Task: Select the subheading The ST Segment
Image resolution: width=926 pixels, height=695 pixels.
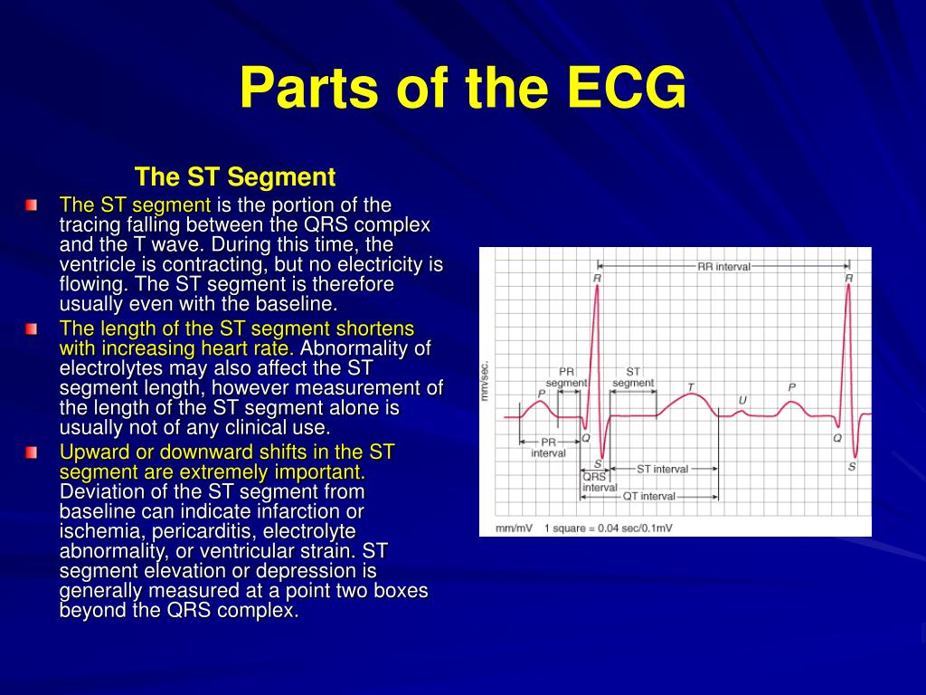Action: [235, 176]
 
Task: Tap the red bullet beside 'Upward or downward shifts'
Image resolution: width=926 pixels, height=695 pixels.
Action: [32, 452]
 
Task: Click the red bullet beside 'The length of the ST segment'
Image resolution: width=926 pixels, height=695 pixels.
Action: [32, 328]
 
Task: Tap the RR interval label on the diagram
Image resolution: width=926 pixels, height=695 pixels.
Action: [723, 267]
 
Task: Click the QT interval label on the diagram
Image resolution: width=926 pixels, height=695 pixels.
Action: [648, 497]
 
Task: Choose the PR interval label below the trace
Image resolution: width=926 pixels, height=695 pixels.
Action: [549, 447]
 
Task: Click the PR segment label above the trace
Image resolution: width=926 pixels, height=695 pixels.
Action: [566, 377]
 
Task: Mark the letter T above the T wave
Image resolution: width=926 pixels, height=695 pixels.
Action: [690, 387]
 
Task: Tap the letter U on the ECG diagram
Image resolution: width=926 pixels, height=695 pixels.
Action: [742, 401]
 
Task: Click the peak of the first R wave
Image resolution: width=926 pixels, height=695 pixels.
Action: [597, 286]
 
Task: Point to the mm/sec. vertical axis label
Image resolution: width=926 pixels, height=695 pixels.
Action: [485, 381]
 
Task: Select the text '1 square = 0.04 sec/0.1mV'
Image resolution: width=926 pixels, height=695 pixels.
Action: [609, 528]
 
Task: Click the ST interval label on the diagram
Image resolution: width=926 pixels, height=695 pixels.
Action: [662, 469]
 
